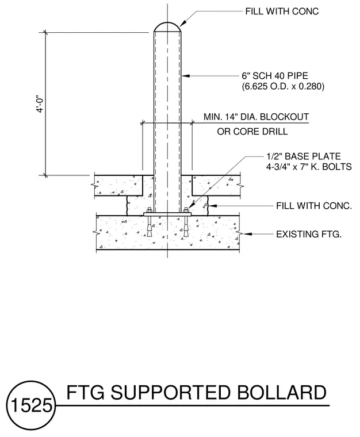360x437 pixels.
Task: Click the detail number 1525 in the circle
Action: [31, 405]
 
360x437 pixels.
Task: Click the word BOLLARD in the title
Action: [281, 392]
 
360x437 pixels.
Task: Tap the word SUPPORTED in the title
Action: [170, 392]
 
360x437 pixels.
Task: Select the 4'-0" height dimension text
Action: [40, 104]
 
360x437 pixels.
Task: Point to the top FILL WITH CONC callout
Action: [282, 11]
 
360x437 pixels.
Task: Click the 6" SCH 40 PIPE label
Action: [275, 76]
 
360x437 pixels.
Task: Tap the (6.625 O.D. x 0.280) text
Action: [283, 86]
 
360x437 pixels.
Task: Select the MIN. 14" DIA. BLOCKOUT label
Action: [256, 117]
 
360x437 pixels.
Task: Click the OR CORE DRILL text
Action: [252, 131]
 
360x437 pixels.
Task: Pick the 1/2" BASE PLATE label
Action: [304, 156]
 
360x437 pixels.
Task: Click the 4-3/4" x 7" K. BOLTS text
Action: [309, 167]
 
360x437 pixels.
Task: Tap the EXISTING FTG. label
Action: [309, 234]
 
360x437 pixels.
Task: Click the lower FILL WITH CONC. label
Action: [314, 206]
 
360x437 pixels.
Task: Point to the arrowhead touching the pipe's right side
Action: [185, 76]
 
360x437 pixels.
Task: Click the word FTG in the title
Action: [85, 392]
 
